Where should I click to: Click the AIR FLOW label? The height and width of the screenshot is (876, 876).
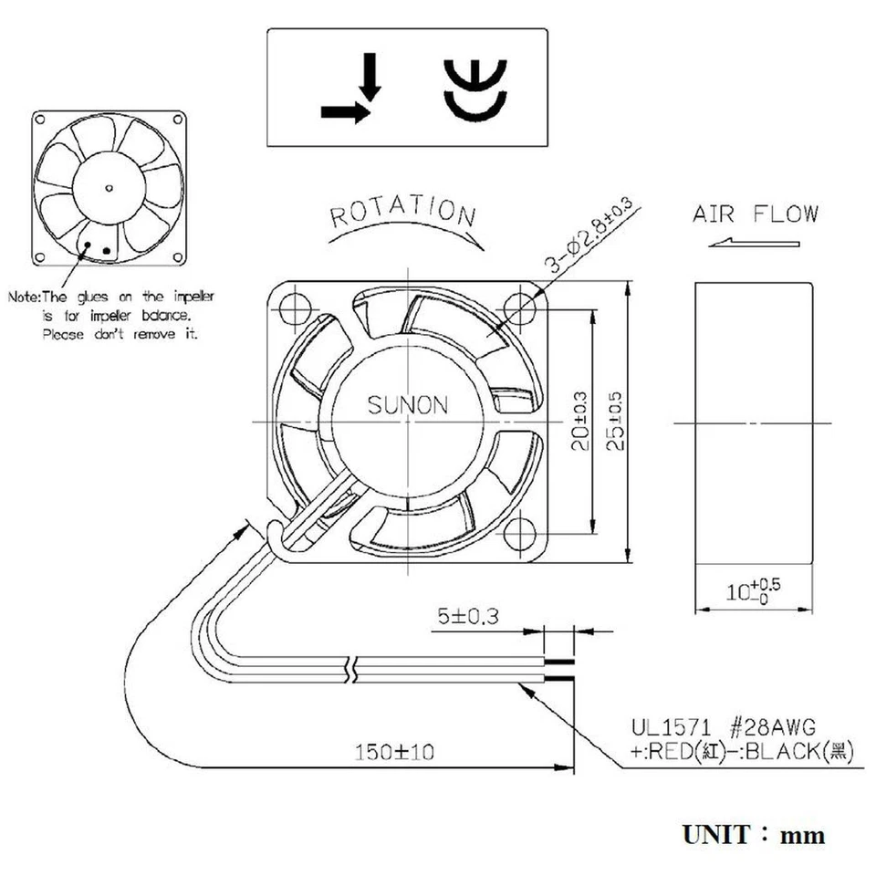[756, 215]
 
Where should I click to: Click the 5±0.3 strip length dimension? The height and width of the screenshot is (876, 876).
[468, 617]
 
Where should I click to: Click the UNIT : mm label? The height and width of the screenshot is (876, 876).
[753, 834]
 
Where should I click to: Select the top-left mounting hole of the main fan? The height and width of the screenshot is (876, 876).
[295, 309]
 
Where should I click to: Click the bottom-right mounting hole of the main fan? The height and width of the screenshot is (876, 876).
[521, 532]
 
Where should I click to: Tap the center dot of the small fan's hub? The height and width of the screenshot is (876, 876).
[109, 189]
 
